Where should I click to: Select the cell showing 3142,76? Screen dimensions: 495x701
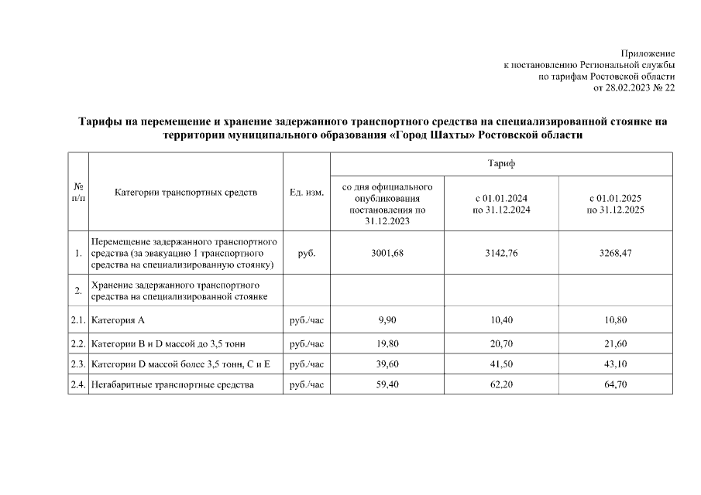coord(501,253)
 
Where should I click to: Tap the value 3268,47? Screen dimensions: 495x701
coord(616,253)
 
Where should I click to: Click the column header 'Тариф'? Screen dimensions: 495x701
coord(501,165)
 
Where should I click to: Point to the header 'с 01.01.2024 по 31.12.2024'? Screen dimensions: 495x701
coord(501,204)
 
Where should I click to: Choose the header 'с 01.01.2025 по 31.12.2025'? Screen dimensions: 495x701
coord(616,204)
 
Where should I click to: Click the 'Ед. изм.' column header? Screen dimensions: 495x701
coord(306,193)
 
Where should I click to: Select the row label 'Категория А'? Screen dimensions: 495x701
coord(119,319)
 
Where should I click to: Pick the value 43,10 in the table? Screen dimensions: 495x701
coord(616,363)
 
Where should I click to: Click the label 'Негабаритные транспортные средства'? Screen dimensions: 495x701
coord(172,384)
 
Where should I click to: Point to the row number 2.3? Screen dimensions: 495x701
coord(77,363)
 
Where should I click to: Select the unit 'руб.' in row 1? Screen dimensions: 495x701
coord(306,253)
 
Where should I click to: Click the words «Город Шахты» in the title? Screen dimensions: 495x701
coord(433,135)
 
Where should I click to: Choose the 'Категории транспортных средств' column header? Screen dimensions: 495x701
coord(185,193)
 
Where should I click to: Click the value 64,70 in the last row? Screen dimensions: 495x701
coord(616,384)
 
